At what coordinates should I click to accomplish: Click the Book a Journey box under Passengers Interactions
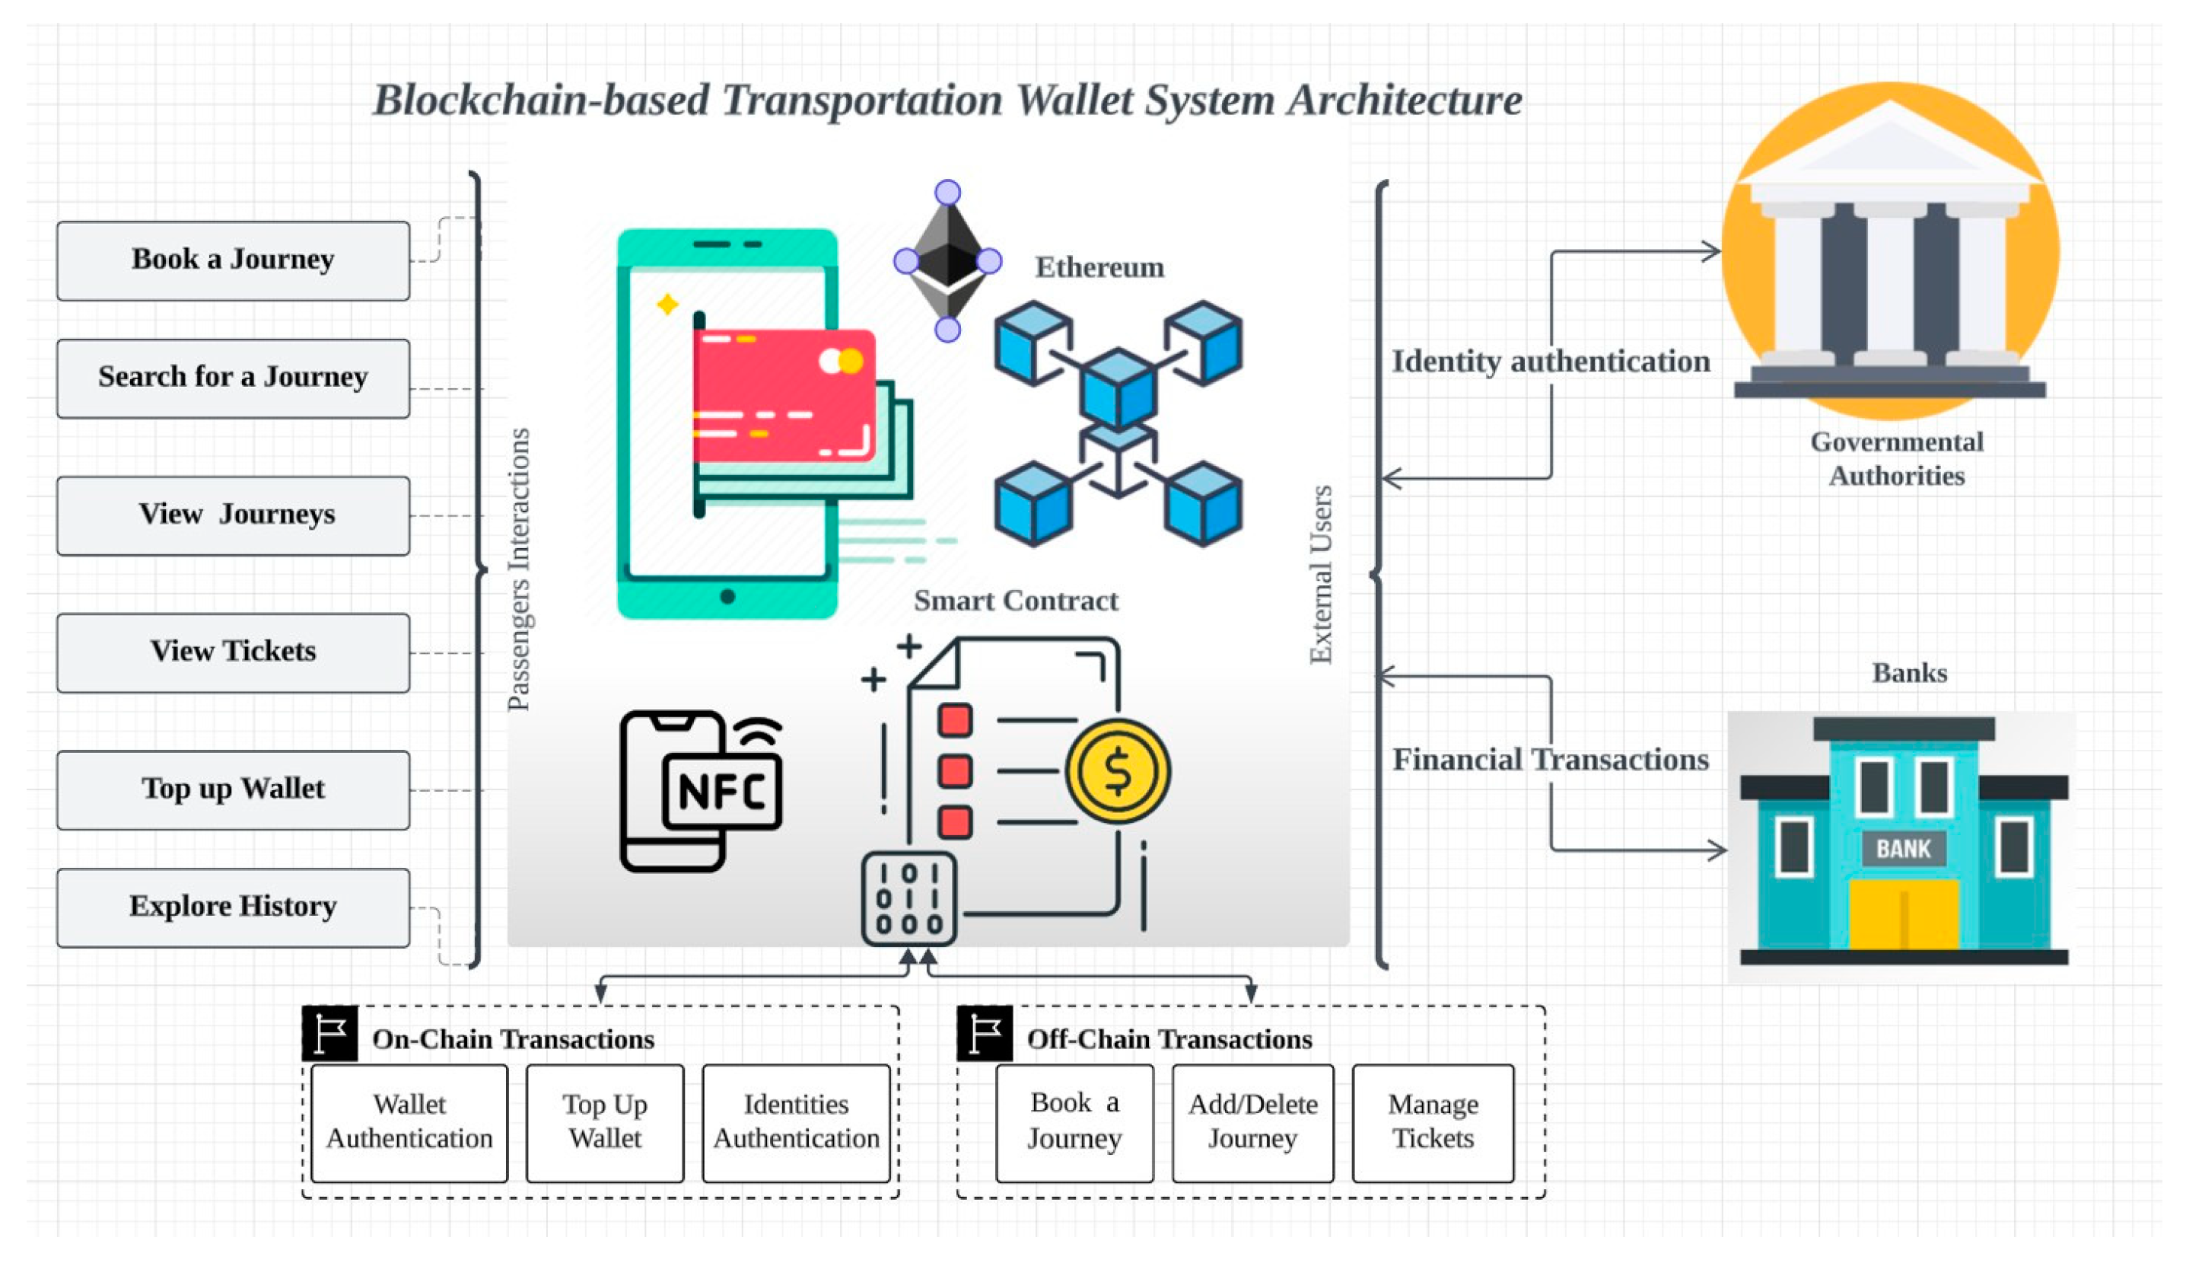point(233,260)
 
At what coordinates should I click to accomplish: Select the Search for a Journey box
point(233,378)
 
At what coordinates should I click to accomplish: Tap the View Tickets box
point(233,652)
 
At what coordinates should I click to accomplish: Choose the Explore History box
point(233,907)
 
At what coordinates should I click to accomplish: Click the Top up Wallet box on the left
point(233,789)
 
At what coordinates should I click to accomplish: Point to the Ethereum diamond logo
point(947,260)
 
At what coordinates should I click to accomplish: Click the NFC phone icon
point(701,789)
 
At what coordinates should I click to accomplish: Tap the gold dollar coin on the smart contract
point(1117,770)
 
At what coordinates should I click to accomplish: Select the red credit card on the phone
point(783,395)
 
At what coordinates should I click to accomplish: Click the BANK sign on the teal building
point(1903,848)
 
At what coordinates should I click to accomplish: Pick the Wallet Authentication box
point(409,1122)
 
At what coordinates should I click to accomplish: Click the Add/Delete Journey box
point(1252,1122)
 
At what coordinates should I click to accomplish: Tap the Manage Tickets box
point(1432,1122)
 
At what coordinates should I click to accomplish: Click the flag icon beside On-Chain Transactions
point(329,1032)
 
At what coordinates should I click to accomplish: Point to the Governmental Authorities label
point(1895,458)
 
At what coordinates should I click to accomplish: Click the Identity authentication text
point(1550,361)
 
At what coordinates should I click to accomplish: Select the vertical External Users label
point(1320,575)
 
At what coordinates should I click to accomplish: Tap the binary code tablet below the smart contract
point(908,898)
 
